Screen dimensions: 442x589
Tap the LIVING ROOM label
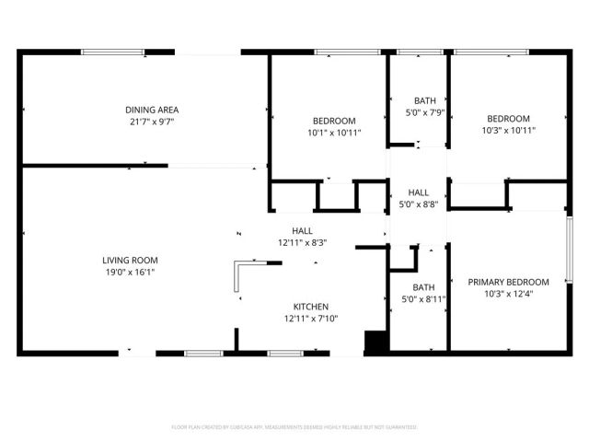(130, 261)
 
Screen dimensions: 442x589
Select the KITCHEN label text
(311, 307)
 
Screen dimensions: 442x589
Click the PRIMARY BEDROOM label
(508, 282)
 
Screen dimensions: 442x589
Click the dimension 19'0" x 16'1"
(130, 272)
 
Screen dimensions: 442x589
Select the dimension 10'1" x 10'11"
(334, 132)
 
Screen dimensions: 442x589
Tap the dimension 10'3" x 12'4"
(508, 293)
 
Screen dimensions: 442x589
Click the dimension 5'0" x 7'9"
(424, 112)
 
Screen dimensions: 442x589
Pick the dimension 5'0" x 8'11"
(424, 298)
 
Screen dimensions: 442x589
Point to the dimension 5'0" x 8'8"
(417, 204)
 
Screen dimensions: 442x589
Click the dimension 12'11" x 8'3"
(303, 242)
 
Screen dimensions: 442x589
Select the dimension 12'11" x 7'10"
(311, 318)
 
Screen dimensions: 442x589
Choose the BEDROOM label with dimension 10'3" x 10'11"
(508, 119)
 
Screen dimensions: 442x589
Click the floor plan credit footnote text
(294, 427)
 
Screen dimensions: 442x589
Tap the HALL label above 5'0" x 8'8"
(417, 193)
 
